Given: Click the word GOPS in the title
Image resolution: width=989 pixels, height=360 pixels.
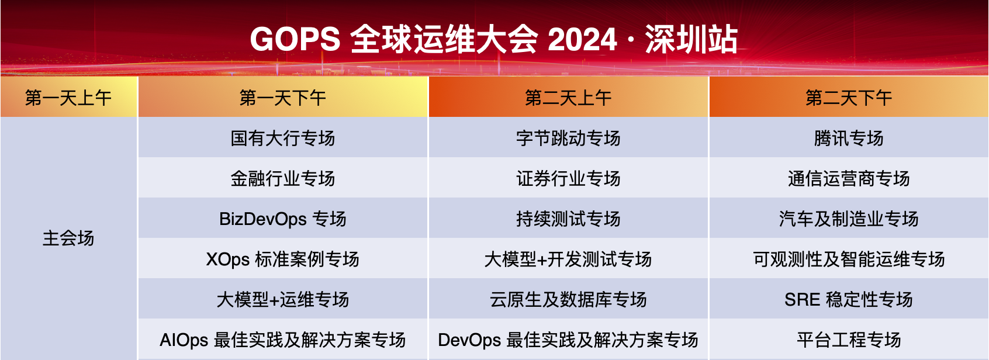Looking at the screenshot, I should (x=295, y=40).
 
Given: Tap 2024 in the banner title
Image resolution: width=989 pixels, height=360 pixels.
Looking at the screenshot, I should (x=582, y=40).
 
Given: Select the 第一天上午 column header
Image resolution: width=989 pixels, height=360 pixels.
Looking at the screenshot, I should (x=68, y=98).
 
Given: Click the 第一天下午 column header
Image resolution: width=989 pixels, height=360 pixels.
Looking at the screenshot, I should (x=283, y=98).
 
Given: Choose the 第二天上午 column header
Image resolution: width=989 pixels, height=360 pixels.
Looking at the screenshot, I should (x=568, y=98).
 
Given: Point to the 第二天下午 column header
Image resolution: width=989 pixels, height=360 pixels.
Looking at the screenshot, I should (x=849, y=98).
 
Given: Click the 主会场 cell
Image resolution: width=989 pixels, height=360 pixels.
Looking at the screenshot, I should (x=68, y=238).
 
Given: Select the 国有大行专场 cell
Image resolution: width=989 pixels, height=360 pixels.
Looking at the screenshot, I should (x=283, y=138).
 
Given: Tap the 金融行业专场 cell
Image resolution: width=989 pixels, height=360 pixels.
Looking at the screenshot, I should (x=283, y=178).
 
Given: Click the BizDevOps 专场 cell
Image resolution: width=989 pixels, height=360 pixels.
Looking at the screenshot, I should (x=283, y=219).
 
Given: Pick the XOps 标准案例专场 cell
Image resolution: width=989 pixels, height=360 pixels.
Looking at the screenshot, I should (x=283, y=259).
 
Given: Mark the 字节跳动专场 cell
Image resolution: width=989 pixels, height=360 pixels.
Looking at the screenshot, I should (x=568, y=138).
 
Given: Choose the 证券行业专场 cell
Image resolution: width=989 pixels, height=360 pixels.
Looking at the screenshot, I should (x=568, y=178).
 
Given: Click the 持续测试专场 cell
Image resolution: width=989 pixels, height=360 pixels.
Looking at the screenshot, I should (x=568, y=219).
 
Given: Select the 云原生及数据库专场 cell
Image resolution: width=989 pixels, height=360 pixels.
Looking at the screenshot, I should (x=568, y=299).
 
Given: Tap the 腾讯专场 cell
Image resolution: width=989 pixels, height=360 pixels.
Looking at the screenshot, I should (x=849, y=138).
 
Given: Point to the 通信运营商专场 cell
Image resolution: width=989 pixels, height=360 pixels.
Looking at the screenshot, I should (x=849, y=178).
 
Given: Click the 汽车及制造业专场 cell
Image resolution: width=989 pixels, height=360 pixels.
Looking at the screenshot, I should (x=849, y=219).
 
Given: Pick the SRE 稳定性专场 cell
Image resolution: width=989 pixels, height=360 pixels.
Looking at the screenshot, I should (x=849, y=299).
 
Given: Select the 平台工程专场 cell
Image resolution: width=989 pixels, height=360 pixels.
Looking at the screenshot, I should (x=849, y=340).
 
